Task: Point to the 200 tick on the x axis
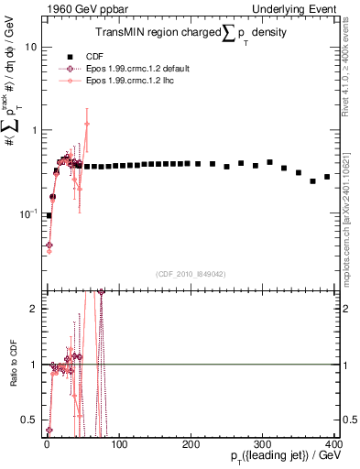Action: click(x=191, y=444)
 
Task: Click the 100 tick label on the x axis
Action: click(x=118, y=444)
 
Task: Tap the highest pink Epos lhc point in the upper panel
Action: click(x=87, y=123)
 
